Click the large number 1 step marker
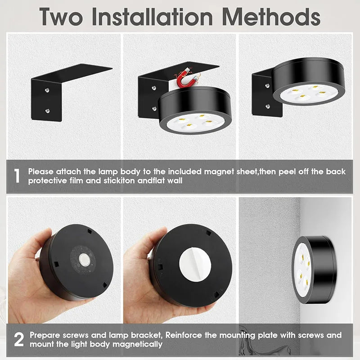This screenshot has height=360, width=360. click(x=17, y=175)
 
